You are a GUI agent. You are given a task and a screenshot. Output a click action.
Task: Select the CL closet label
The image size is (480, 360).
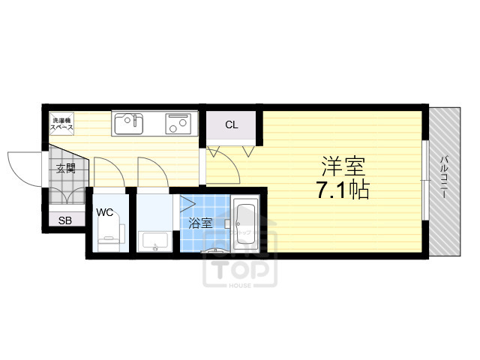click(232, 124)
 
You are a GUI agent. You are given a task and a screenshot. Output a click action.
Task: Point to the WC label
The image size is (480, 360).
click(104, 212)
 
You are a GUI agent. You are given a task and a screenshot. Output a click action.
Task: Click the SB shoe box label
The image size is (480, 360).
click(66, 221)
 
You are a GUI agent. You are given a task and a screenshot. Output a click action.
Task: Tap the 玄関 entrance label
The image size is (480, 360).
click(65, 169)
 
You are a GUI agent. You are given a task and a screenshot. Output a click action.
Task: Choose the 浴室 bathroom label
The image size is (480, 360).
click(199, 223)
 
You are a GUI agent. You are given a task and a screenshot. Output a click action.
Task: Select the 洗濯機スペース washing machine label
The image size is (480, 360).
click(61, 124)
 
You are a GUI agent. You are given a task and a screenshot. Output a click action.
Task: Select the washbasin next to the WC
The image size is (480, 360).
click(155, 241)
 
